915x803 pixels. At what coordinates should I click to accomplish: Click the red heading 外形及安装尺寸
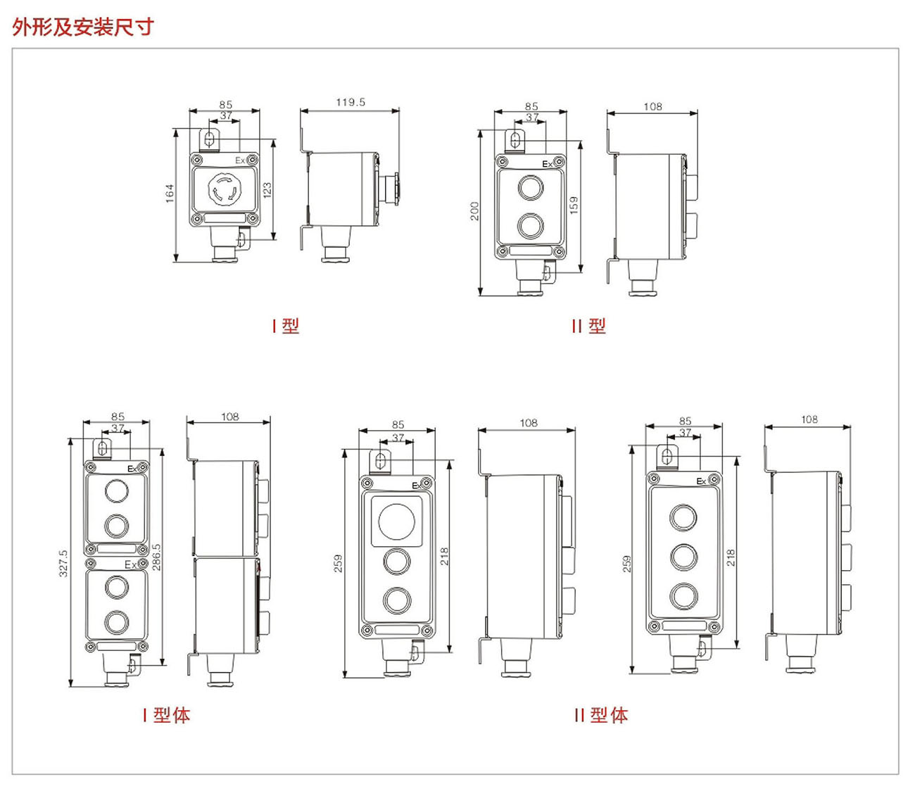click(83, 27)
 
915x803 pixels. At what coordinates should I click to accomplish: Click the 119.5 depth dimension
click(350, 102)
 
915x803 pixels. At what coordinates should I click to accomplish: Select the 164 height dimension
click(170, 194)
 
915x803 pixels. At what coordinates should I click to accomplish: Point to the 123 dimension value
click(267, 191)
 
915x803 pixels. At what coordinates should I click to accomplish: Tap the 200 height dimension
click(474, 211)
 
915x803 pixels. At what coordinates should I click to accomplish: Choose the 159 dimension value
click(574, 205)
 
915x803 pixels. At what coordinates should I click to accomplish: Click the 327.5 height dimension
click(63, 564)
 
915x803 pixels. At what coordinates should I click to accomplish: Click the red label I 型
click(286, 326)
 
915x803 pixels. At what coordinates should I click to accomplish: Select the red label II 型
click(588, 326)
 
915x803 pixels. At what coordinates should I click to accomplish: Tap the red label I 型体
click(166, 716)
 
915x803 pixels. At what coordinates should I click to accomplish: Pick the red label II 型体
click(600, 716)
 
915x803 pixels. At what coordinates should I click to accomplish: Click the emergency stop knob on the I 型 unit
click(224, 190)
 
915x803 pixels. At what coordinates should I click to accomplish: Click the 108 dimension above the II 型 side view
click(652, 107)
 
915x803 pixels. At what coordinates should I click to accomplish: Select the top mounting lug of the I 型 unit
click(210, 139)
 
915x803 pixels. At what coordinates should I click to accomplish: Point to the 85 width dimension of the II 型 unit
click(531, 107)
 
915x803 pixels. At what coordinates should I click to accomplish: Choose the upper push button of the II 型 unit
click(530, 188)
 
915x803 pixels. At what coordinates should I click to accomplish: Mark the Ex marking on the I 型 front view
click(240, 160)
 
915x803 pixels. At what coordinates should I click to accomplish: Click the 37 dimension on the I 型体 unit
click(118, 428)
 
